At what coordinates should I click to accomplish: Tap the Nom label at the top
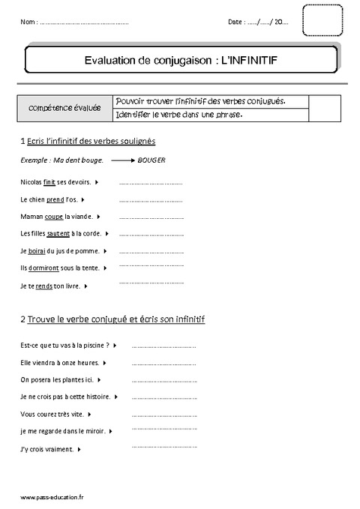(x=28, y=22)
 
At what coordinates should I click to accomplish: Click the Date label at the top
(x=236, y=22)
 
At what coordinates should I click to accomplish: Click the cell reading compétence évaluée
(x=66, y=109)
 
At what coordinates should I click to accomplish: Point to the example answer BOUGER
(x=152, y=160)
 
